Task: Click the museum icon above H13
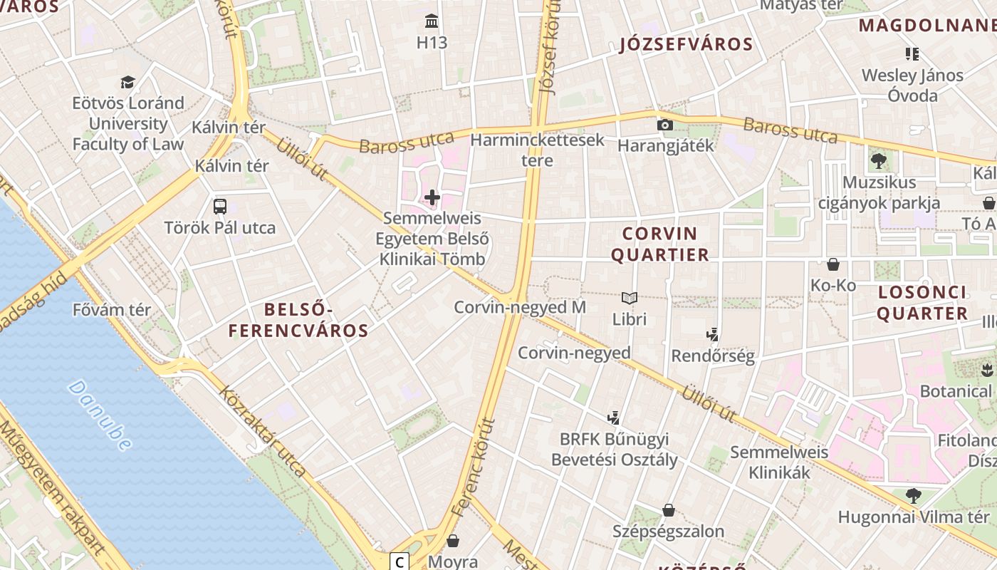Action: tap(432, 20)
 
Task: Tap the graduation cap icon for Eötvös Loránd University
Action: tap(127, 82)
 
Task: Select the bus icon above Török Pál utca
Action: tap(220, 207)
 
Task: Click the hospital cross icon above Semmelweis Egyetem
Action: tap(432, 197)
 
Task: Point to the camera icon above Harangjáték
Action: tap(665, 125)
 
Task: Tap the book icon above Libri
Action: tap(629, 298)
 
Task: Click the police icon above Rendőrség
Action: tap(712, 334)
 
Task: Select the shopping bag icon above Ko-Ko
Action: tap(833, 264)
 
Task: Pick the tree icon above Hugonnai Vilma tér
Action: tap(913, 495)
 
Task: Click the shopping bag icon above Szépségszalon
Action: tap(668, 510)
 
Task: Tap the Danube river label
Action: tap(100, 415)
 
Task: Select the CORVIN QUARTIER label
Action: tap(660, 244)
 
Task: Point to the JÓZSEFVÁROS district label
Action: tap(687, 44)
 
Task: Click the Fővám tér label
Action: tap(112, 310)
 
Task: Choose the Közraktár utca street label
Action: tap(263, 431)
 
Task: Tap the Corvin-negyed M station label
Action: tap(520, 307)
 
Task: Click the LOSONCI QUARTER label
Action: tap(922, 303)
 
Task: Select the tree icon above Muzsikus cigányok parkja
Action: tap(878, 161)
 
